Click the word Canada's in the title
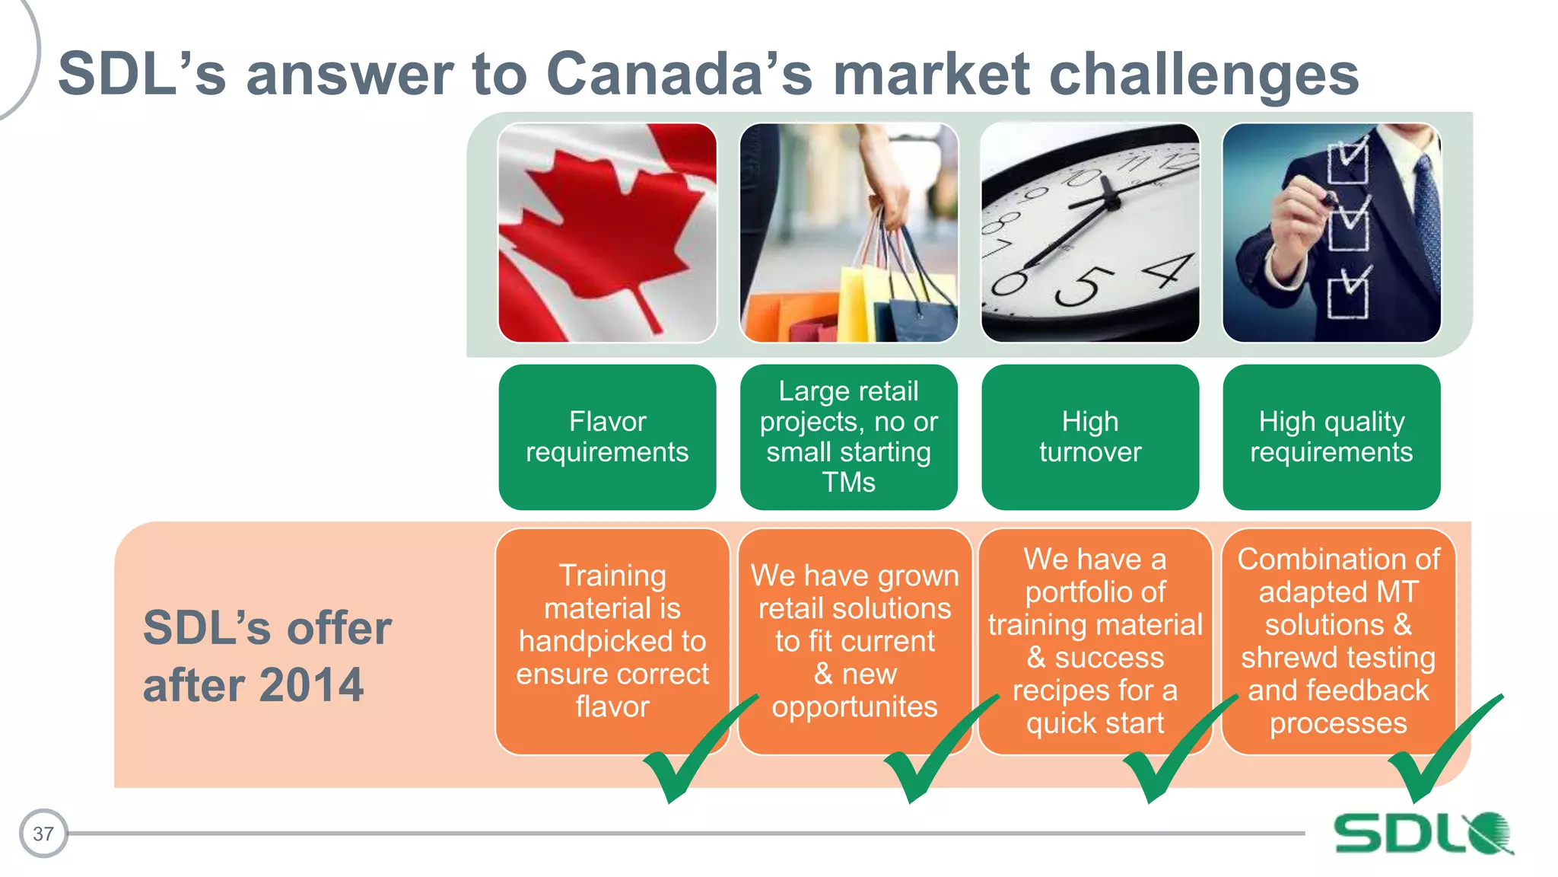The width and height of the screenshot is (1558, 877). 679,74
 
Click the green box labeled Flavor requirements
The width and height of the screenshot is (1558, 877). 607,437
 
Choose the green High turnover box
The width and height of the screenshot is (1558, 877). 1090,437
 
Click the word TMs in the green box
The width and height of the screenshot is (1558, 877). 848,483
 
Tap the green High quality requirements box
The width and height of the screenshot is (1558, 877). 1331,437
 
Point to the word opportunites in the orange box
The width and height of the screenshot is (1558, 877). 854,706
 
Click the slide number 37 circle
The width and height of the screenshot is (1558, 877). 43,833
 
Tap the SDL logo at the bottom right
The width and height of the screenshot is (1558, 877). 1423,833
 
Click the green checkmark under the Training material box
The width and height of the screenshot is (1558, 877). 685,761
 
